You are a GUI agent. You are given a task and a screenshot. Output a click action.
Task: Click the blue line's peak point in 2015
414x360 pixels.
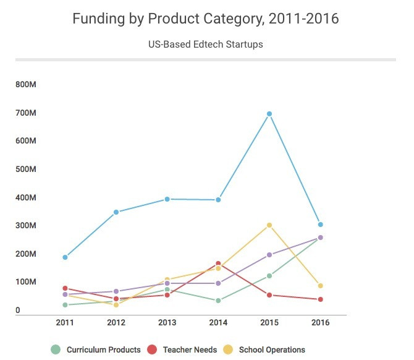coord(269,114)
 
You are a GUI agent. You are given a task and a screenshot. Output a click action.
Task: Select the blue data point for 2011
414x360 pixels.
coord(65,257)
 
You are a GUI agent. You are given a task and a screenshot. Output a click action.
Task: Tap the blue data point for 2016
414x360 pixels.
coord(320,225)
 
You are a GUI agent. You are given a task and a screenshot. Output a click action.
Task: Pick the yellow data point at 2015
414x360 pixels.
coord(269,225)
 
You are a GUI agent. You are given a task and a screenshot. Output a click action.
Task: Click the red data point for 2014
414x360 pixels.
coord(218,264)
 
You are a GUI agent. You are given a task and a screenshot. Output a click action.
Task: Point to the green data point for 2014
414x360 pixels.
coord(218,301)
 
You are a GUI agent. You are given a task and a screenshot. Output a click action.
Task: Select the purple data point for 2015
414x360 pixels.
coord(269,255)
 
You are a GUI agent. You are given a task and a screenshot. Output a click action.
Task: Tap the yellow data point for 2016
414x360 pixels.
coord(320,286)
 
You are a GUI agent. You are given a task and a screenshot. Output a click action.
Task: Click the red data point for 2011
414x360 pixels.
coord(65,288)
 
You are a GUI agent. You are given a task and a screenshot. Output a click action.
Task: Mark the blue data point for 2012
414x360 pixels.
coord(116,212)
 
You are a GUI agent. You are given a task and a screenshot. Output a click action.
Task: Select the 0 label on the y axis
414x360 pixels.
coord(18,311)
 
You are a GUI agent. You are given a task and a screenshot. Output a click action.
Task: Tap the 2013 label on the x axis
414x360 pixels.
coord(167,323)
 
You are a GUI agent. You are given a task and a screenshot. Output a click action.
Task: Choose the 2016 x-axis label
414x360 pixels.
coord(320,323)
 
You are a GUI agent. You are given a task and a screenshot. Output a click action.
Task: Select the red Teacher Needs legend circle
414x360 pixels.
coord(152,350)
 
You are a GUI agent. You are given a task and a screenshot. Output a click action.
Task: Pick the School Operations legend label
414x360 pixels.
coord(272,350)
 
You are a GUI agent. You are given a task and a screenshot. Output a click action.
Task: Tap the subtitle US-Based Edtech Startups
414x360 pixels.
coord(206,45)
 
